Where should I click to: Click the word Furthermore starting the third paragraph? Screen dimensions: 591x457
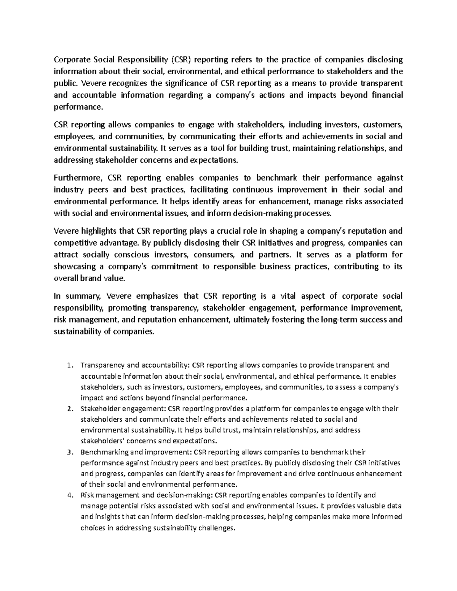(x=78, y=178)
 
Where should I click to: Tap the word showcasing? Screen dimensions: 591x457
(x=74, y=266)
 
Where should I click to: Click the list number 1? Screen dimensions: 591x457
(x=69, y=365)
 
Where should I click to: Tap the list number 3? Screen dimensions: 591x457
(x=69, y=452)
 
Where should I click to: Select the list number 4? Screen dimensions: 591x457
(x=69, y=495)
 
